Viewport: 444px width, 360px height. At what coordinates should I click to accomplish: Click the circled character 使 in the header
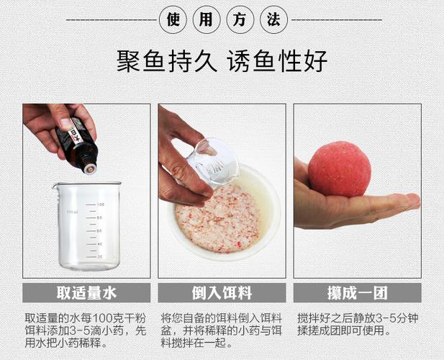point(173,20)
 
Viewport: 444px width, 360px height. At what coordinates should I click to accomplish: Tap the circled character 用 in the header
point(207,20)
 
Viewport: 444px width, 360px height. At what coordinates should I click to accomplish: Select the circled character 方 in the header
point(240,20)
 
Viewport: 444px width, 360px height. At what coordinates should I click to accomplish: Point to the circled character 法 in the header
point(274,20)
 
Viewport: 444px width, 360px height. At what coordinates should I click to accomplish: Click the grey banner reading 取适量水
point(86,292)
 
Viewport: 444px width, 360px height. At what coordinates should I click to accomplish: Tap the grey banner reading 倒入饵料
point(222,292)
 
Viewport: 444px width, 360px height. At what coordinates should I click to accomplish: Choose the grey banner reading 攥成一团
point(358,292)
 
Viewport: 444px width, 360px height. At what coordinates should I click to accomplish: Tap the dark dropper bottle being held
point(77,145)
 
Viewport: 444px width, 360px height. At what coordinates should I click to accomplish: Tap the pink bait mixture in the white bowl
point(217,219)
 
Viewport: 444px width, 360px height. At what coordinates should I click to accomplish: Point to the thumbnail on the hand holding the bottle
point(66,124)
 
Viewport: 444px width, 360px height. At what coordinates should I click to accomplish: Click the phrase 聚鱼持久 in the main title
point(167,61)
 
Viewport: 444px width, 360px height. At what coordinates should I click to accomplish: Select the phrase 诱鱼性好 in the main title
point(278,61)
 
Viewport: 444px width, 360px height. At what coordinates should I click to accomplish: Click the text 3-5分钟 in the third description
point(397,318)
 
